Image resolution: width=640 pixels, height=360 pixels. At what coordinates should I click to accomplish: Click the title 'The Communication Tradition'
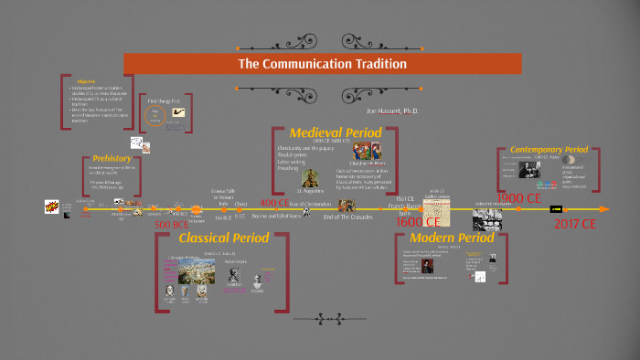point(322,64)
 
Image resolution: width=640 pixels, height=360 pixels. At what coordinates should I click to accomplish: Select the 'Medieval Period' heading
point(336,133)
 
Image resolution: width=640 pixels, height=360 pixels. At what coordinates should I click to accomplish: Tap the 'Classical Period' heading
point(224,238)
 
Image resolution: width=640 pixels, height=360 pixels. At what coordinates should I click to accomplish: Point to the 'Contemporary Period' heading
point(549,149)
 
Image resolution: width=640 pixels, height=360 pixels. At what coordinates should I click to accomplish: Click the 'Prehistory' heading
point(112,158)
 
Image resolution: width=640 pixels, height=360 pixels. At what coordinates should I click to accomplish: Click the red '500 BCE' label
point(170,225)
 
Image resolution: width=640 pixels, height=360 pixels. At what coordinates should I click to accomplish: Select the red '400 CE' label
point(275,202)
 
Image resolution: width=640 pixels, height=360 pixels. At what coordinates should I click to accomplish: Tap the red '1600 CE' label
point(419,221)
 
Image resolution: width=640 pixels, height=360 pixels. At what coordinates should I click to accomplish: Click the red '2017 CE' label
point(575,223)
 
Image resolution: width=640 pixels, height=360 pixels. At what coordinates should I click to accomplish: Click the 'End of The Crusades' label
point(347,217)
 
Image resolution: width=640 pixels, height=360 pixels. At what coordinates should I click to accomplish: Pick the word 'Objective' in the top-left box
point(87,80)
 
